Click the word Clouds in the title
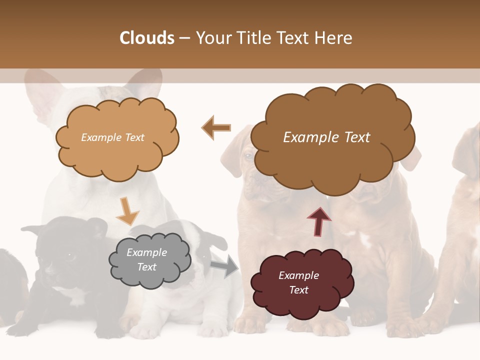click(x=147, y=38)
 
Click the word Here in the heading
click(x=334, y=38)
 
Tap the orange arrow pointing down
click(x=127, y=210)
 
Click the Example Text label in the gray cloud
click(x=147, y=260)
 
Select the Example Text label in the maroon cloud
click(x=299, y=282)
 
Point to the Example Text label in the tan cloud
click(x=113, y=137)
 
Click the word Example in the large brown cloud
click(x=305, y=137)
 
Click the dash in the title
click(x=184, y=38)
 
